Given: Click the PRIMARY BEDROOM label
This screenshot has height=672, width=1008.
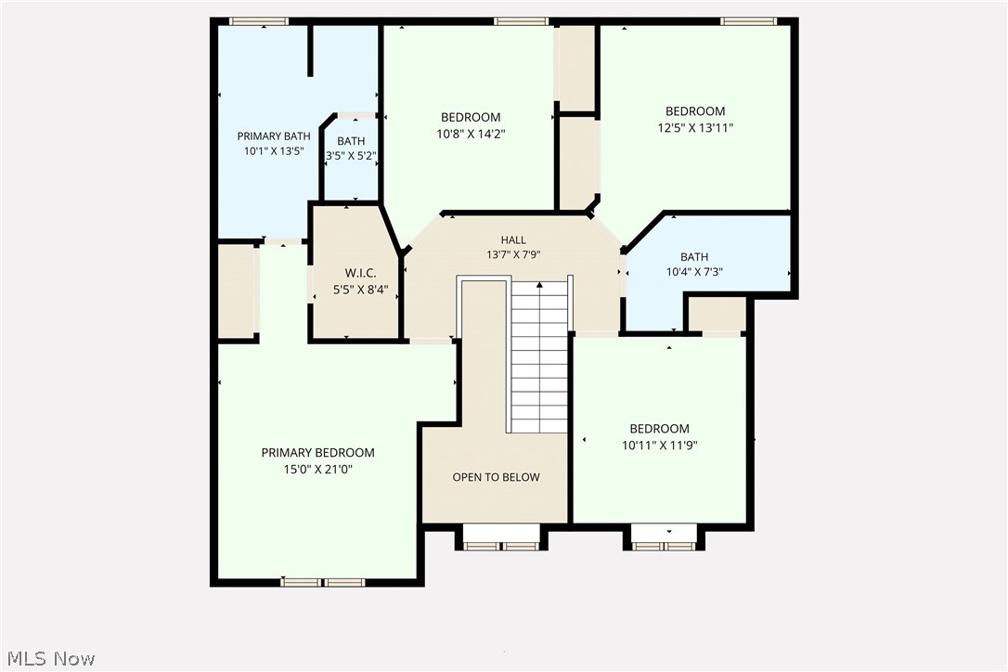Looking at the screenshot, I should (x=317, y=453).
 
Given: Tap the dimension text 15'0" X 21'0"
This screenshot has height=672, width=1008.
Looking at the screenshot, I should (x=317, y=470).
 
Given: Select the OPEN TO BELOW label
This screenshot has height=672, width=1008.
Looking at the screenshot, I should (x=496, y=477).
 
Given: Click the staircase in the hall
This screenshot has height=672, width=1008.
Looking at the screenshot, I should (x=538, y=357).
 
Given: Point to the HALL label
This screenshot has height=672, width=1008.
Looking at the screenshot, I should (x=513, y=240).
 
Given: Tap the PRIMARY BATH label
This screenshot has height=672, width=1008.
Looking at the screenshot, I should (x=273, y=136).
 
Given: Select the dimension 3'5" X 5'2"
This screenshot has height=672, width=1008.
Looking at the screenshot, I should (x=351, y=156).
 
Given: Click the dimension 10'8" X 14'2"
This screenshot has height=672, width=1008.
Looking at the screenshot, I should (x=471, y=134).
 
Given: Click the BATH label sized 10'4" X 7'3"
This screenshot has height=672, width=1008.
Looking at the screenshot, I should (x=694, y=257).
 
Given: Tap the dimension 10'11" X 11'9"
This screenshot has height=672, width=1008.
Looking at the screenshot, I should (x=659, y=446).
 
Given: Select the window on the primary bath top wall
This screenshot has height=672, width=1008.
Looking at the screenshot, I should (x=259, y=21).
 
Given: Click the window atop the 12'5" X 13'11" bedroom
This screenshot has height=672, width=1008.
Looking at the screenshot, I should (x=748, y=21).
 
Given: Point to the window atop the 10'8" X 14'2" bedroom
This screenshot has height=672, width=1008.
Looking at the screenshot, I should (x=521, y=21).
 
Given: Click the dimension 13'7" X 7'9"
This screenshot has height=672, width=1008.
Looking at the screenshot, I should (x=513, y=254).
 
